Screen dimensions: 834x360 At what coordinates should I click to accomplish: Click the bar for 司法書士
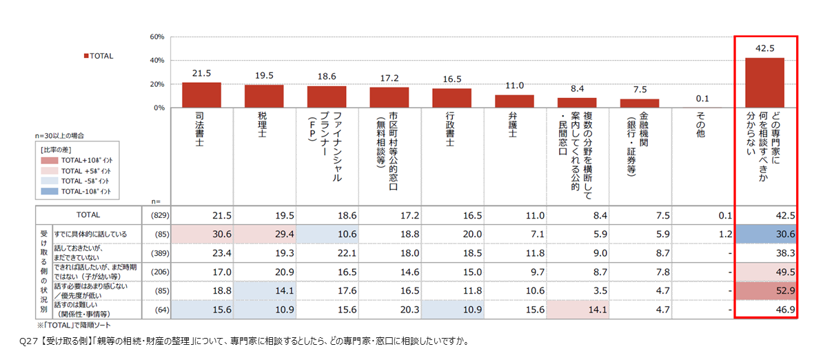(x=201, y=95)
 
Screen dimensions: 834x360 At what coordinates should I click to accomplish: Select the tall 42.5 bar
(x=765, y=83)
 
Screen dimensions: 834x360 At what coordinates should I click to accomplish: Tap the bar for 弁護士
(x=514, y=101)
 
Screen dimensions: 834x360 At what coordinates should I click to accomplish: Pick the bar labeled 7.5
(x=639, y=103)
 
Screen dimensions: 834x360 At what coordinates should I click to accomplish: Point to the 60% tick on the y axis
(x=156, y=37)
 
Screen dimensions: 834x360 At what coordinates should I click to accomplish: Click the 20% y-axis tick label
(x=156, y=84)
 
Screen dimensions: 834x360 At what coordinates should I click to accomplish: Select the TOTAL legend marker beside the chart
(x=86, y=56)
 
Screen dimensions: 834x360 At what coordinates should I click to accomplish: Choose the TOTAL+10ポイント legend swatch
(x=50, y=161)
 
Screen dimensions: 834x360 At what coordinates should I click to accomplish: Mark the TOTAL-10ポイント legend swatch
(x=50, y=192)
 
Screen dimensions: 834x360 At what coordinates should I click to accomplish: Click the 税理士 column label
(x=262, y=125)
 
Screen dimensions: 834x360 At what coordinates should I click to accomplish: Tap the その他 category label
(x=700, y=125)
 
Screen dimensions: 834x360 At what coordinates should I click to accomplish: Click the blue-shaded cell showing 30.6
(x=766, y=234)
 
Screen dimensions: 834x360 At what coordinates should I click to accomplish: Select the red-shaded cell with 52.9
(x=766, y=290)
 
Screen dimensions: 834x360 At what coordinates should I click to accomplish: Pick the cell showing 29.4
(x=265, y=234)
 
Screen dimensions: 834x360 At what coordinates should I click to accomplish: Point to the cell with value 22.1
(x=327, y=253)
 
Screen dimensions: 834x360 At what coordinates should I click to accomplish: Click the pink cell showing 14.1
(x=578, y=310)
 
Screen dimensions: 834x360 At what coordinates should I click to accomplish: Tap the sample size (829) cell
(x=160, y=215)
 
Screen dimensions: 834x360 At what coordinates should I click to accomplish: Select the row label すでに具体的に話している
(x=90, y=234)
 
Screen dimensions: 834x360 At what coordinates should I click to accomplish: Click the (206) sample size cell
(x=160, y=272)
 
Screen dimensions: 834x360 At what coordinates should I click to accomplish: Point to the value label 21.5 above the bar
(x=201, y=73)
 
